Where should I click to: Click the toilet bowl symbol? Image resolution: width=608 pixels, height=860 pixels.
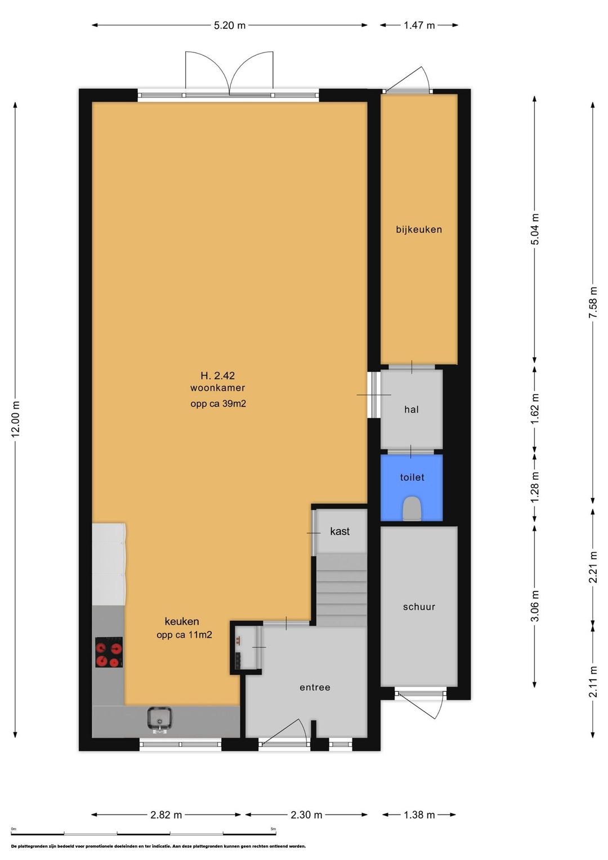point(412,508)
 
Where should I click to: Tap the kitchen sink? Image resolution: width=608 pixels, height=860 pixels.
point(159,718)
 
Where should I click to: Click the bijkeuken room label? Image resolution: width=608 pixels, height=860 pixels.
point(419,230)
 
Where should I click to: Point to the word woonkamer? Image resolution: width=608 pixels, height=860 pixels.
point(217,388)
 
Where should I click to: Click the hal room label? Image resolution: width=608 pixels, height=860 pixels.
point(412,409)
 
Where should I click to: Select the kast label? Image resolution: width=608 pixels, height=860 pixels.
point(339,531)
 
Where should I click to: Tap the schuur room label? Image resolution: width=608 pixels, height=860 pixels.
point(419,607)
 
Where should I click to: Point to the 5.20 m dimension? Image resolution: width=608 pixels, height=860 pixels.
point(230,25)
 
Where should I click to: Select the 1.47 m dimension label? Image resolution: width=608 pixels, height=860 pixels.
point(419,25)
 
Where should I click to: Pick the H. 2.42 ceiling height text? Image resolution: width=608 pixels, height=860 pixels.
point(217,375)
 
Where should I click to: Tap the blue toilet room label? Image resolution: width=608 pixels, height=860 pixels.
point(412,477)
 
